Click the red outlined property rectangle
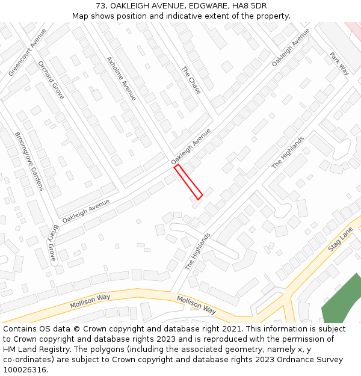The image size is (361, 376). coord(188,182)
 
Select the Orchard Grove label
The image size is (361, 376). coord(51,80)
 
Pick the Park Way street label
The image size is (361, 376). coord(339,63)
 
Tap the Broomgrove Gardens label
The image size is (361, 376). coord(29,161)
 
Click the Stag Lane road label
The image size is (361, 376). coord(341,239)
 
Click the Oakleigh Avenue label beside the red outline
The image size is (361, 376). coord(191,147)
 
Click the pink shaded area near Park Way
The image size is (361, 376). coord(353,28)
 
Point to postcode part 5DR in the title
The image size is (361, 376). coord(255,6)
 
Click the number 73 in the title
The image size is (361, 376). coord(100,6)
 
